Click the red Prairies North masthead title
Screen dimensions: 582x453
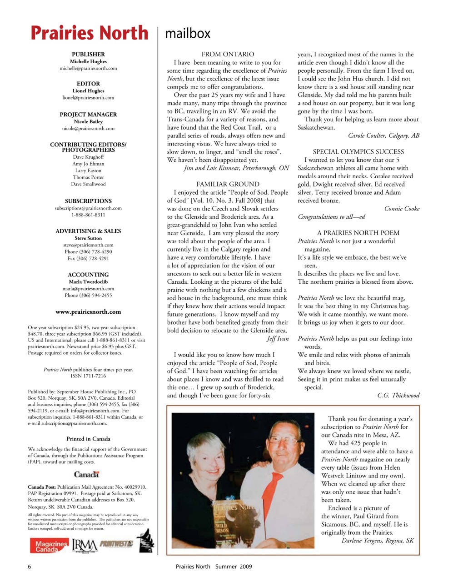pyautogui.click(x=90, y=34)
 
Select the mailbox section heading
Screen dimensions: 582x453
pyautogui.click(x=188, y=34)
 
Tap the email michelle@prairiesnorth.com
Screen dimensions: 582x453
pyautogui.click(x=88, y=68)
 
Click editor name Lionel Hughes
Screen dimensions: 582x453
pyautogui.click(x=88, y=91)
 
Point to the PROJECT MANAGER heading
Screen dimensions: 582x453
pyautogui.click(x=88, y=115)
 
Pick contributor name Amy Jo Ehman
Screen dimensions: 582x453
pyautogui.click(x=88, y=164)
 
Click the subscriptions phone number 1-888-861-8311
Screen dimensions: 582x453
pyautogui.click(x=88, y=215)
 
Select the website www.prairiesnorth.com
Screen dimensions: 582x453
pyautogui.click(x=88, y=312)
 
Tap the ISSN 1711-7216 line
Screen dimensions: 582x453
pyautogui.click(x=88, y=376)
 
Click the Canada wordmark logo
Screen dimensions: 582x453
pyautogui.click(x=86, y=474)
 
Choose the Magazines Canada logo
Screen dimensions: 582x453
pyautogui.click(x=49, y=546)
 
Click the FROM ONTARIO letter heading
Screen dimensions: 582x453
pyautogui.click(x=228, y=54)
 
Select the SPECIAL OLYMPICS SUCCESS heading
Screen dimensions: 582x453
pyautogui.click(x=358, y=152)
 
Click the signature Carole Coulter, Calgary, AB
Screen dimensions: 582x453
pyautogui.click(x=383, y=135)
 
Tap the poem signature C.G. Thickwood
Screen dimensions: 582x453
pyautogui.click(x=398, y=396)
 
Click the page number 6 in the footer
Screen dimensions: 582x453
pyautogui.click(x=30, y=567)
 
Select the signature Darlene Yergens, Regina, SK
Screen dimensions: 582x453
pyautogui.click(x=377, y=541)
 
